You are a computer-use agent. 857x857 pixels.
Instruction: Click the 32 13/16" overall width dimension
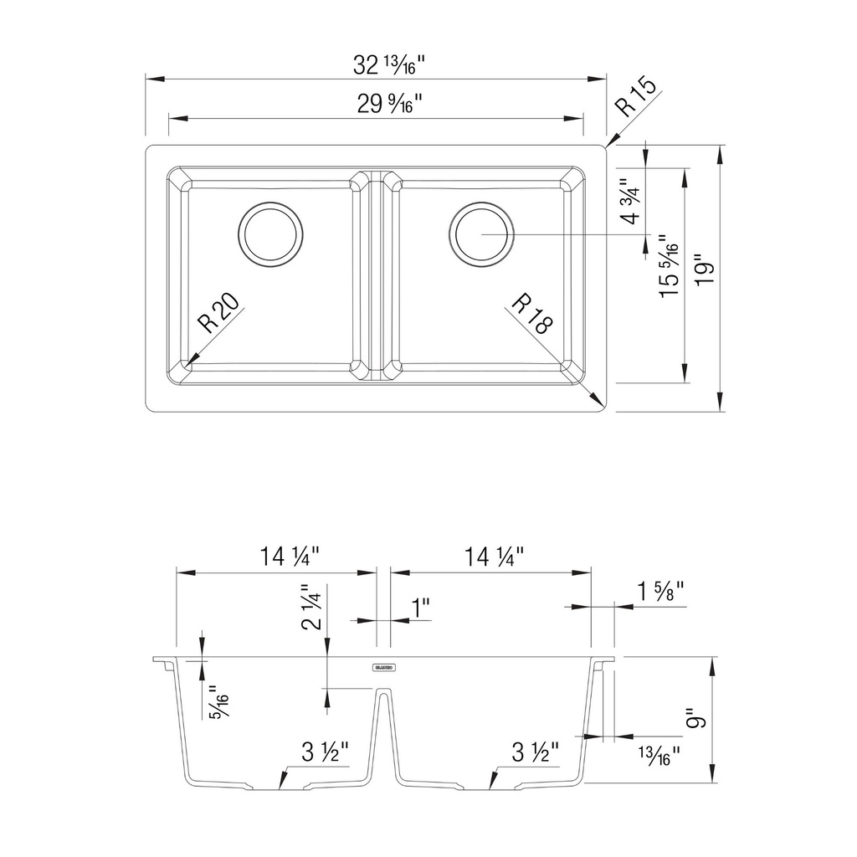[388, 66]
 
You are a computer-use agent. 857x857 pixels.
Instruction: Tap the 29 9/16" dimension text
[390, 103]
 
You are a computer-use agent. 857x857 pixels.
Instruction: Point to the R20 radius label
[218, 313]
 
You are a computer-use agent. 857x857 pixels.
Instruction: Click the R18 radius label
[532, 313]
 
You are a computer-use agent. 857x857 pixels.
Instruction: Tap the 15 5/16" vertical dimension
[669, 266]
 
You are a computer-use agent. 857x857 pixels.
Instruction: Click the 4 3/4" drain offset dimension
[630, 201]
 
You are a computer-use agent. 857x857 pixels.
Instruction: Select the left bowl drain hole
[271, 234]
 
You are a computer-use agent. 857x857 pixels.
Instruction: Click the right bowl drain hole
[481, 234]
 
